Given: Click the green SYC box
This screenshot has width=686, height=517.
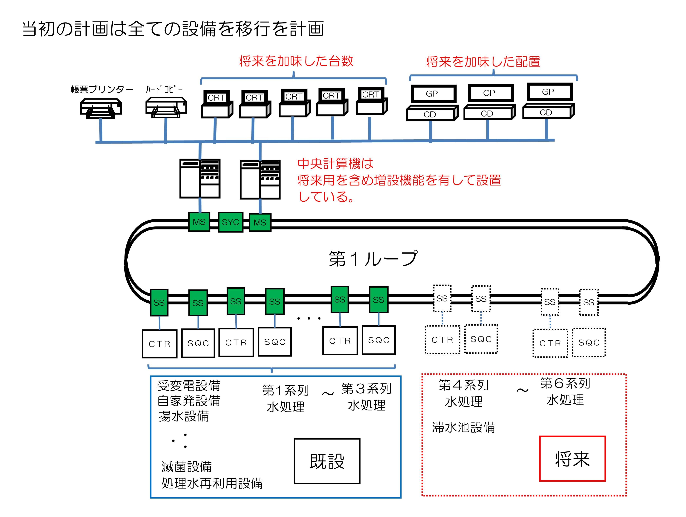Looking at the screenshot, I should pyautogui.click(x=230, y=222).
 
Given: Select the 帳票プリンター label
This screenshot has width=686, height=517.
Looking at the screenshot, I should pyautogui.click(x=102, y=90).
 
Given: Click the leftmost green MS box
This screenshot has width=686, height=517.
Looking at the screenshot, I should pyautogui.click(x=199, y=222).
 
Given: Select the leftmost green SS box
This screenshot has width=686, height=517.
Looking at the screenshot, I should pyautogui.click(x=159, y=302).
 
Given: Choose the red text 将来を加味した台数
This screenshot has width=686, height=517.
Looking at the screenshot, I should pyautogui.click(x=296, y=61).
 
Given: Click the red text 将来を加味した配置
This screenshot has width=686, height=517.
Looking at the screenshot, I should pyautogui.click(x=483, y=62).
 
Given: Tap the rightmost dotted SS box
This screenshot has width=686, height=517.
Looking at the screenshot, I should pyautogui.click(x=589, y=302).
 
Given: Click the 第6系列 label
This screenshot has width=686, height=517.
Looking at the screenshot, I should pyautogui.click(x=565, y=383).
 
